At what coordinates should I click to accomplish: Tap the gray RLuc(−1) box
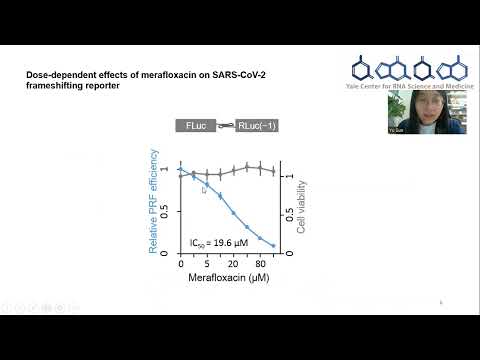259,126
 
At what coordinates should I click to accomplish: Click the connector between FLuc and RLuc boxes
225,126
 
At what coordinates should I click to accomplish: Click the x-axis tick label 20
233,262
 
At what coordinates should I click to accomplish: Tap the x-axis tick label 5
205,262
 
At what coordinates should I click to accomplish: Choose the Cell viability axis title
303,199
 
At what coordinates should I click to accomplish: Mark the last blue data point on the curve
273,245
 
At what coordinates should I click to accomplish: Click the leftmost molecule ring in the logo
361,68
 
